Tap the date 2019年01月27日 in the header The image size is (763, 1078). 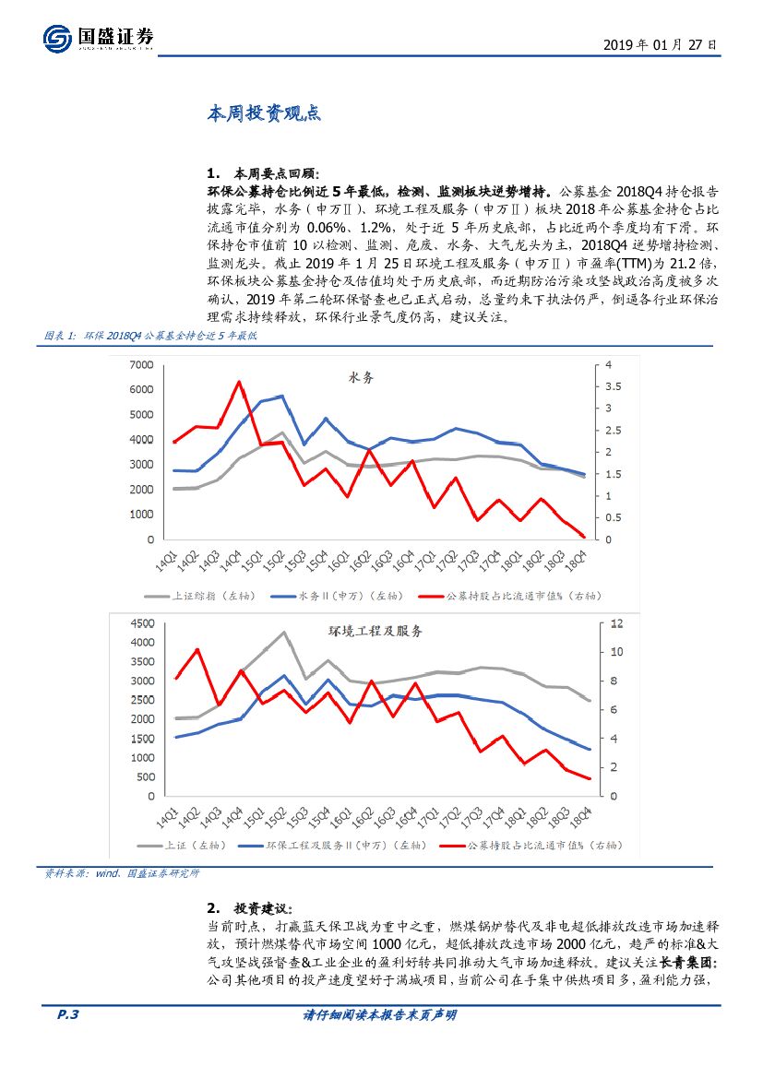pyautogui.click(x=659, y=44)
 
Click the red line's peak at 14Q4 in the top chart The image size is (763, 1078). pyautogui.click(x=239, y=382)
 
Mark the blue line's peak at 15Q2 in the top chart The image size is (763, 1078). pyautogui.click(x=281, y=397)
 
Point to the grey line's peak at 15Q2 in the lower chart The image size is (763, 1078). pyautogui.click(x=283, y=632)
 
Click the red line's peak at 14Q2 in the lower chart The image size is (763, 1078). pyautogui.click(x=197, y=649)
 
